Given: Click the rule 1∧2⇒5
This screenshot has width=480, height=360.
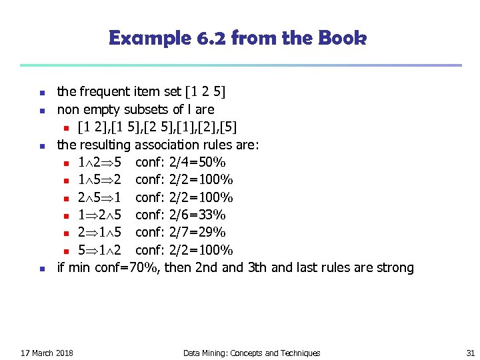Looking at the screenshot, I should pos(99,162).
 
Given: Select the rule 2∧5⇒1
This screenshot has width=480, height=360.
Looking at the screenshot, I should pos(99,197).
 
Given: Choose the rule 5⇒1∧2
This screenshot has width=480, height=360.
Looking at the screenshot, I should pos(99,250).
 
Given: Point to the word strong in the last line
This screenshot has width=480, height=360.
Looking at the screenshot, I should pos(394,268).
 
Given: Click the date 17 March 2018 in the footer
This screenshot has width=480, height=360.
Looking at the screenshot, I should pos(47,353).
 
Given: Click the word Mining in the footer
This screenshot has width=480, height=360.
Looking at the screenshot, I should pos(215,353).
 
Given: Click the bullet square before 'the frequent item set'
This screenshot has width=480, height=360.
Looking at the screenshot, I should pos(41,92).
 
